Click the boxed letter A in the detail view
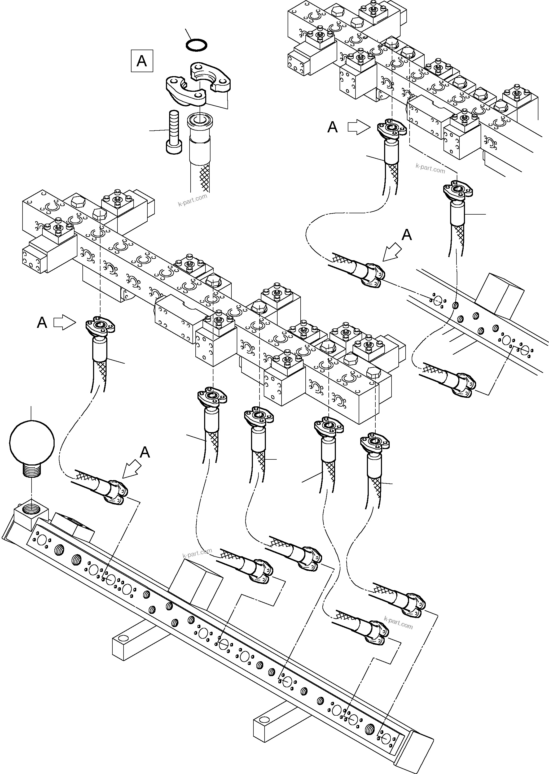142,61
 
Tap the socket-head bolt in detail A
173,132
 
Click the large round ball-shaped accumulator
32,442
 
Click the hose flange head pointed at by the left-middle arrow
100,326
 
